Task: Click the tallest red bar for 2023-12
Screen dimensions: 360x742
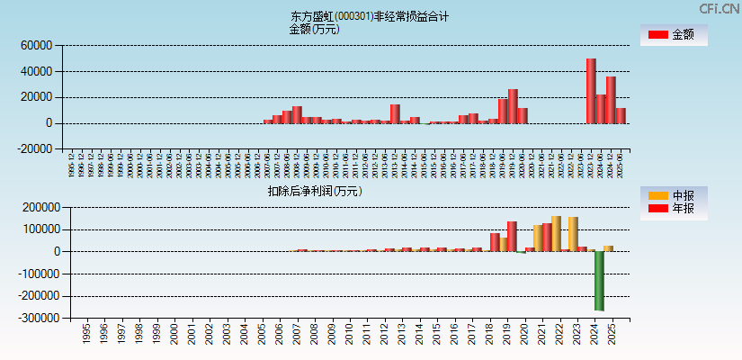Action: [x=591, y=91]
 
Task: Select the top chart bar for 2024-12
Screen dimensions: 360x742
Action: [x=611, y=100]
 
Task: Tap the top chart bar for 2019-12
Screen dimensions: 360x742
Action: [x=513, y=106]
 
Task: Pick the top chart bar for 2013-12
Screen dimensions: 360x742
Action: [x=395, y=113]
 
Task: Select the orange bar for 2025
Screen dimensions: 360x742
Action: [x=608, y=248]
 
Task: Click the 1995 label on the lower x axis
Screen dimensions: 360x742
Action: [x=86, y=335]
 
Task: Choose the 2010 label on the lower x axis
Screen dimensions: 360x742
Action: [x=349, y=335]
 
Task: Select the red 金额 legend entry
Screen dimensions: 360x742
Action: [x=674, y=35]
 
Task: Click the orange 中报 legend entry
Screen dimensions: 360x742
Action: [x=674, y=195]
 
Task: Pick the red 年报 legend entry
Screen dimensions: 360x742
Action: [x=674, y=209]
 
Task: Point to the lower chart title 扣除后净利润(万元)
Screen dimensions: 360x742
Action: [x=314, y=191]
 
